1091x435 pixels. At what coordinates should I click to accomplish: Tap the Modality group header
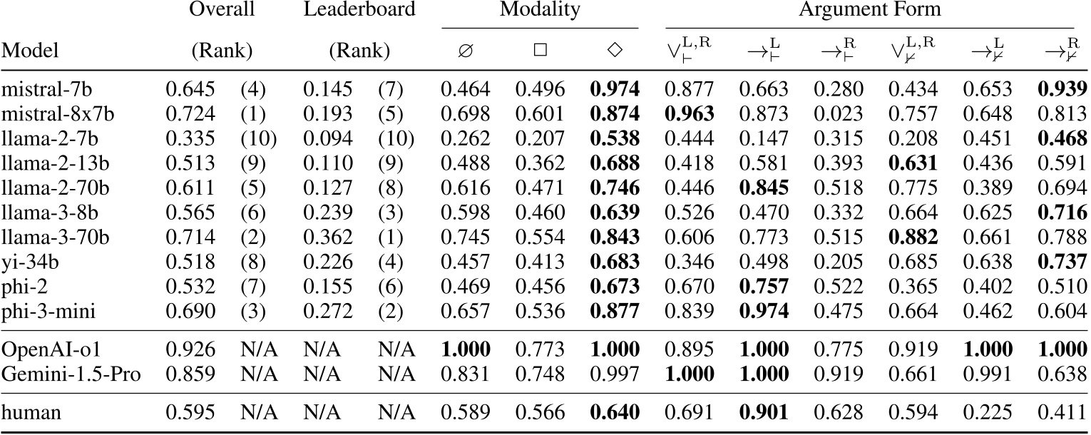pos(540,10)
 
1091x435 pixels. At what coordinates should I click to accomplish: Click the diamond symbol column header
pos(614,51)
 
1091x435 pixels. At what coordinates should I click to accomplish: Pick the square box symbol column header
pos(540,51)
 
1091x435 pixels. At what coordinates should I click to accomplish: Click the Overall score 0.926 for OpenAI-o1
pos(190,350)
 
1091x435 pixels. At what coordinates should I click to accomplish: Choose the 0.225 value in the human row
pos(988,412)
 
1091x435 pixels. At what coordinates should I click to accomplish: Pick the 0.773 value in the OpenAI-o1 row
pos(540,350)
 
